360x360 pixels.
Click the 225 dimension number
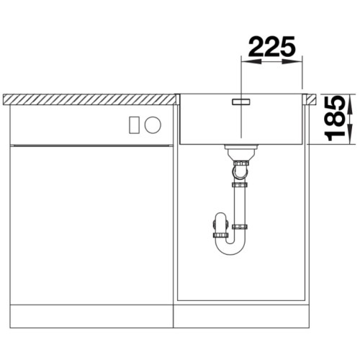272,46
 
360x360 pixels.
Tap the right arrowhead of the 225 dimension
292,62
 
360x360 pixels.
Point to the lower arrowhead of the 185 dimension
350,134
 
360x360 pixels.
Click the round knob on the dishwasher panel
153,125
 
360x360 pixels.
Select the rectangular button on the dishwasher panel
133,125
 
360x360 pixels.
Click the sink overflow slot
241,102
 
